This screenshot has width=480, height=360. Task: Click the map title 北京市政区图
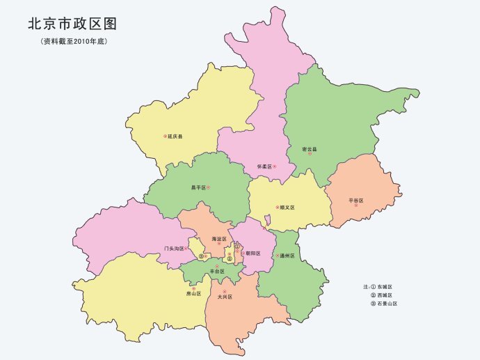(x=72, y=24)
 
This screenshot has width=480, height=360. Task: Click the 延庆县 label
(x=175, y=136)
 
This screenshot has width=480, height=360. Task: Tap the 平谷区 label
(x=356, y=201)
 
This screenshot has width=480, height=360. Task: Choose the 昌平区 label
(x=198, y=187)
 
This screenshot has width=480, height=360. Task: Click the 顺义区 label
(x=287, y=208)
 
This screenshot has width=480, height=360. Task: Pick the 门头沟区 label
(x=174, y=248)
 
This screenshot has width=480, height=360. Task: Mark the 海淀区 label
(x=219, y=239)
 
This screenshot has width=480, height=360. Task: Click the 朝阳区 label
(x=253, y=253)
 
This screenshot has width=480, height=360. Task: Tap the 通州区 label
(x=287, y=256)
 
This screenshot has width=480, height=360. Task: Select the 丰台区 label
(x=217, y=271)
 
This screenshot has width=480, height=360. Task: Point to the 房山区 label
(x=193, y=294)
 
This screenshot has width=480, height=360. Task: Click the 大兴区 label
(x=224, y=297)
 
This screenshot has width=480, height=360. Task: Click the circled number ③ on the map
(x=200, y=256)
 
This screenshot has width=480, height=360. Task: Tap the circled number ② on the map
(x=229, y=259)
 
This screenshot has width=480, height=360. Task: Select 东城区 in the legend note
(x=385, y=286)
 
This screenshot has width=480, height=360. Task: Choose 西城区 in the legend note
(x=385, y=295)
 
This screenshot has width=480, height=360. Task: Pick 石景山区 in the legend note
(x=387, y=304)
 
